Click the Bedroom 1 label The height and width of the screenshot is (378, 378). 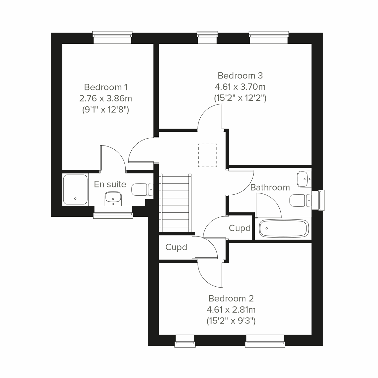tap(106, 87)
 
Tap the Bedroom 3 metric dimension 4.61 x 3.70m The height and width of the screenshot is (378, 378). tap(240, 87)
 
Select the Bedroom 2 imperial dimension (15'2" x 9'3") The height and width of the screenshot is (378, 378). tap(231, 321)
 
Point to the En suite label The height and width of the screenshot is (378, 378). tap(110, 184)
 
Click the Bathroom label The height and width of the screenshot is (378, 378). tap(270, 187)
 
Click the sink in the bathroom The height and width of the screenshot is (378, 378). tap(303, 179)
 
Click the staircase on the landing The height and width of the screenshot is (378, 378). tap(176, 204)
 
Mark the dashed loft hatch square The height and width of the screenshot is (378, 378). tap(208, 155)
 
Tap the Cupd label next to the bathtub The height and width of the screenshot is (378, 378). tap(239, 228)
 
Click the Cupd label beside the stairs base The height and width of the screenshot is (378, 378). tap(176, 248)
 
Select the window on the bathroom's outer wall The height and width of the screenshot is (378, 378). tap(321, 200)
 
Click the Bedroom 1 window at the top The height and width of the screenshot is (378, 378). tap(112, 37)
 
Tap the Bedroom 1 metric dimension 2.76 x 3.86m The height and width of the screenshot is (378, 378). tap(106, 99)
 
